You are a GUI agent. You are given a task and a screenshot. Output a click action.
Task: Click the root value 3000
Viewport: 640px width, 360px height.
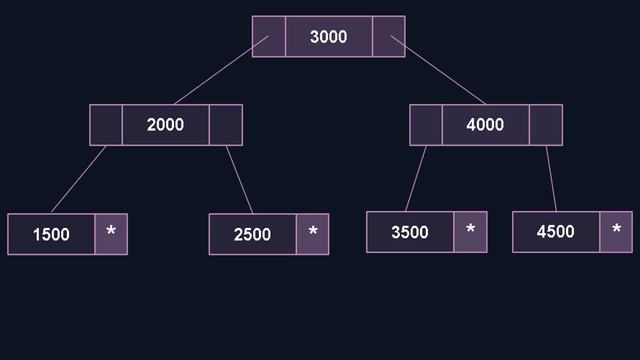click(x=328, y=37)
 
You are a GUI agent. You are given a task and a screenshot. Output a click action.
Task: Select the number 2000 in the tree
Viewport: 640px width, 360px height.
click(x=165, y=125)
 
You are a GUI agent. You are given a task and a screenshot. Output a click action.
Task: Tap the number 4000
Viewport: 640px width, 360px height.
click(x=486, y=125)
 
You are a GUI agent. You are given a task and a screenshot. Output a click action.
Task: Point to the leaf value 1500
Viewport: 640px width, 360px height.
click(x=51, y=234)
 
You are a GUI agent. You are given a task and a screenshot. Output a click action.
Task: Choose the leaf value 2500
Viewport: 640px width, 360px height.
click(x=252, y=234)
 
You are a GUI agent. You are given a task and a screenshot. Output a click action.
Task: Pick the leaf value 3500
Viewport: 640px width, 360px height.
click(x=409, y=232)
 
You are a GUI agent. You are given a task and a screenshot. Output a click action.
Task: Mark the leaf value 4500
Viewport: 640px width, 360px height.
click(x=555, y=232)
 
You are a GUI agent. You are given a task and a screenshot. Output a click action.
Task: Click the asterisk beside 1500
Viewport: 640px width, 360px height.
click(x=111, y=233)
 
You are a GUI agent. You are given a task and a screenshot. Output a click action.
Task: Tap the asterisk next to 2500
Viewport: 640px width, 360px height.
click(x=313, y=233)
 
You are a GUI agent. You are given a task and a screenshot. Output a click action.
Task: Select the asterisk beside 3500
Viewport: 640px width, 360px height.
click(x=470, y=231)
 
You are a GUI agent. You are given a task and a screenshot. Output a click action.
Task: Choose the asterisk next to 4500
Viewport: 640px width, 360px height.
click(x=616, y=231)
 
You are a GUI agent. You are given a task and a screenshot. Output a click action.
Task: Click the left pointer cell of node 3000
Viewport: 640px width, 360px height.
click(x=268, y=37)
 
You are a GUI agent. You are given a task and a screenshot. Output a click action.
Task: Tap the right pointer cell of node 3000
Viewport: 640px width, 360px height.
click(x=388, y=37)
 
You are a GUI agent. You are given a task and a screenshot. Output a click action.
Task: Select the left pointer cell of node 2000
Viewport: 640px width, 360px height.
click(x=106, y=125)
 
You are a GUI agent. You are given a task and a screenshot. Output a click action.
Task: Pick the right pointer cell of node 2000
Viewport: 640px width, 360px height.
click(x=226, y=125)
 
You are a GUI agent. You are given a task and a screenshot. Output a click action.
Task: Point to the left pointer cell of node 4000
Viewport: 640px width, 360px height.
click(x=426, y=125)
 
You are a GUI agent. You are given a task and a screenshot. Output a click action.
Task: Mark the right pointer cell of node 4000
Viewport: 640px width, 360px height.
click(x=546, y=125)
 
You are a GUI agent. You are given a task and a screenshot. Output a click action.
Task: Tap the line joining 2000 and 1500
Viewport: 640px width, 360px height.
click(x=79, y=179)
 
